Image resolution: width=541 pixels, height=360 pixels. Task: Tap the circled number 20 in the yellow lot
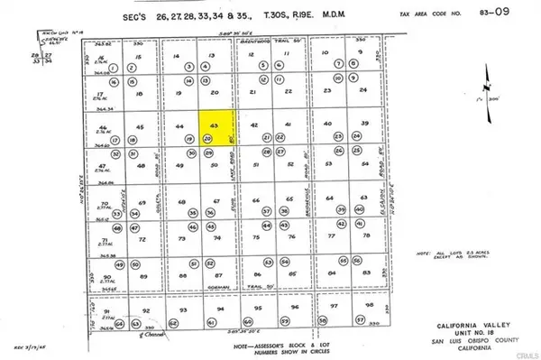point(207,140)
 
